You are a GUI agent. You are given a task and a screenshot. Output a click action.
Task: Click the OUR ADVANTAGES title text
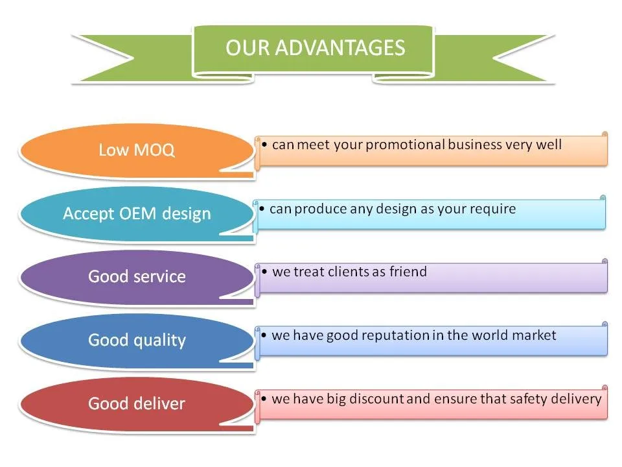(x=315, y=47)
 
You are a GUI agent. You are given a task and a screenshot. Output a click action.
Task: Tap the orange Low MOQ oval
(x=137, y=150)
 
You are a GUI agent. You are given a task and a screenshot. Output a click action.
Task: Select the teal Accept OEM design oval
(x=137, y=213)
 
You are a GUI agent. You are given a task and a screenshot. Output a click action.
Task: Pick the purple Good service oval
(x=137, y=277)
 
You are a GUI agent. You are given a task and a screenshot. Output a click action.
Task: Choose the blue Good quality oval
(x=137, y=341)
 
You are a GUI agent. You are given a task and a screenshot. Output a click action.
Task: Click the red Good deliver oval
(x=137, y=403)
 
